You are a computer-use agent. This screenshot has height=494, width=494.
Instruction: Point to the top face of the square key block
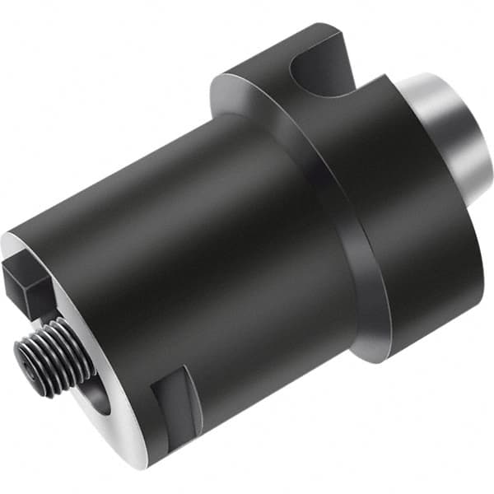pos(25,268)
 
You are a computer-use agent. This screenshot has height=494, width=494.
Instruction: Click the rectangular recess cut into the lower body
pos(177,399)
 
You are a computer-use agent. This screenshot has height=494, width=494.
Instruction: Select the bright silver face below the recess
pos(165,445)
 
